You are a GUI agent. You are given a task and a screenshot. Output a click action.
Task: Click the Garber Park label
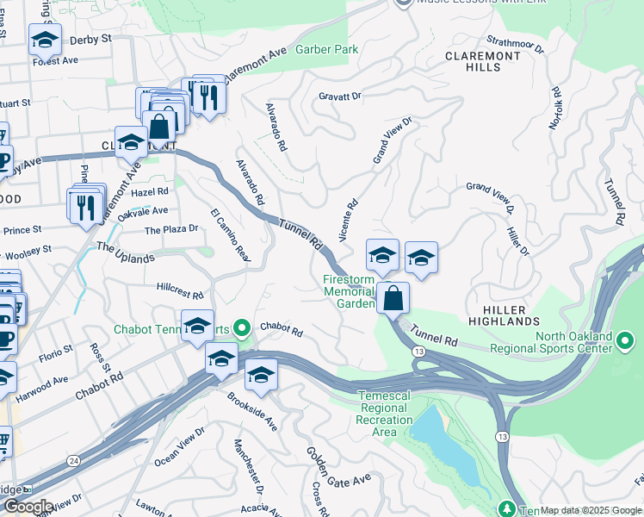click(x=326, y=50)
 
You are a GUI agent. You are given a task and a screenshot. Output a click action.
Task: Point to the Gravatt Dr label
click(x=339, y=97)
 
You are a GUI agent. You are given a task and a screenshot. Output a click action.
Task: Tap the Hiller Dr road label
click(x=517, y=240)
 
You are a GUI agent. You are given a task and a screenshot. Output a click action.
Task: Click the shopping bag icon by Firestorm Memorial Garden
click(x=393, y=298)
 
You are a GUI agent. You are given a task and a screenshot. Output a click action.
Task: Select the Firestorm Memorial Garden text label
click(x=350, y=292)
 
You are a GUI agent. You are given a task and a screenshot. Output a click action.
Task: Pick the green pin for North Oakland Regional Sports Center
click(x=628, y=347)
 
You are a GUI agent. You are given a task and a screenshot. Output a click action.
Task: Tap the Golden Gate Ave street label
click(x=339, y=465)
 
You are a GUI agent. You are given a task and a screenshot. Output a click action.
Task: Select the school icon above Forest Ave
click(x=45, y=39)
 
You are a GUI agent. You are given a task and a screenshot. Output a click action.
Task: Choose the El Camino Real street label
click(x=230, y=236)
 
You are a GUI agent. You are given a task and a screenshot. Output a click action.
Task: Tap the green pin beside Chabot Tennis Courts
click(x=243, y=327)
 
